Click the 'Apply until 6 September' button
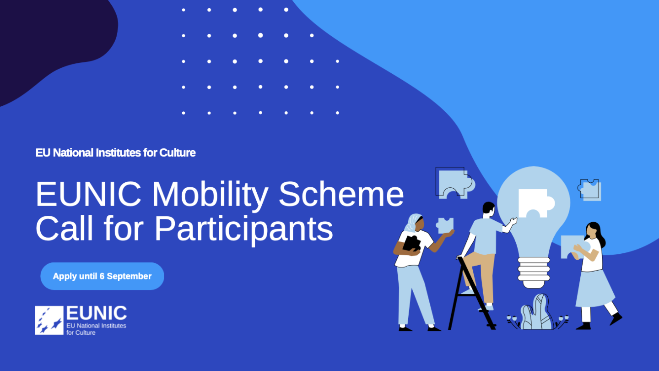coord(102,276)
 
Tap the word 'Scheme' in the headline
coord(341,194)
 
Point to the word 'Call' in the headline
coord(65,228)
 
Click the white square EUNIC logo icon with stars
coord(49,320)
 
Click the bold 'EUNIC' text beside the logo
coord(97,313)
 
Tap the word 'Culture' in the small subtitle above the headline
coord(178,153)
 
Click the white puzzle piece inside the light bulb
coord(536,203)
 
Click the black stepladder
coord(470,295)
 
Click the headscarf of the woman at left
coord(412,223)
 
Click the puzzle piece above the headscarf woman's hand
coord(445,225)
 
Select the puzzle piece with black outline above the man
coord(455,183)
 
